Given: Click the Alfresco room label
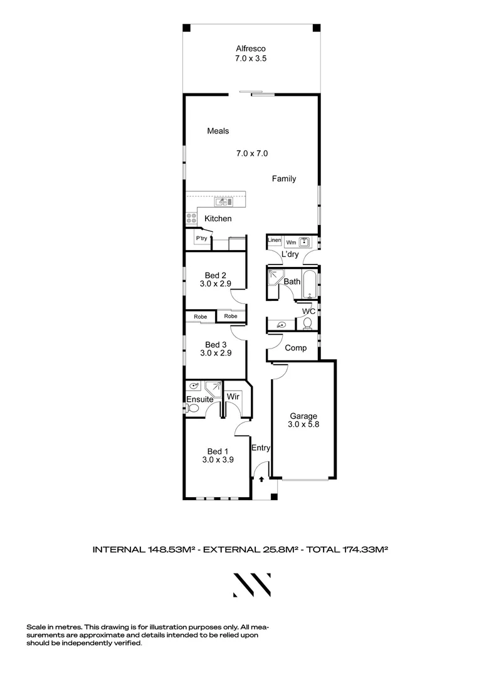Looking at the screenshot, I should pyautogui.click(x=251, y=48).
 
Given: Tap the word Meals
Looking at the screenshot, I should pyautogui.click(x=218, y=131).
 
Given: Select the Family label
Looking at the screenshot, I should pyautogui.click(x=283, y=179).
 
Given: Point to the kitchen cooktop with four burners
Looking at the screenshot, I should pyautogui.click(x=191, y=219).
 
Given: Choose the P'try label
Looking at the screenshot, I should pyautogui.click(x=201, y=239).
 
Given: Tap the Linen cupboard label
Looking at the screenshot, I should pyautogui.click(x=274, y=241).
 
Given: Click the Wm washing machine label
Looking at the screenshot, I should pyautogui.click(x=290, y=241).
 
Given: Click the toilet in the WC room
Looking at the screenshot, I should pyautogui.click(x=307, y=323).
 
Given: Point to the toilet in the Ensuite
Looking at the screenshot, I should pyautogui.click(x=193, y=408).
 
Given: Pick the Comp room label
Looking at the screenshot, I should pyautogui.click(x=295, y=348).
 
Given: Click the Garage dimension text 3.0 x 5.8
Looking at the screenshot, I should pyautogui.click(x=303, y=425).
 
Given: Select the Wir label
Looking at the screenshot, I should pyautogui.click(x=233, y=397).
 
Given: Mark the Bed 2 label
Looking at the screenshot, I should pyautogui.click(x=215, y=275).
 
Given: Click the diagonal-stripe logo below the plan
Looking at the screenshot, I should pyautogui.click(x=252, y=584).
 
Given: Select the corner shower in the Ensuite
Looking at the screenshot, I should pyautogui.click(x=214, y=389).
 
